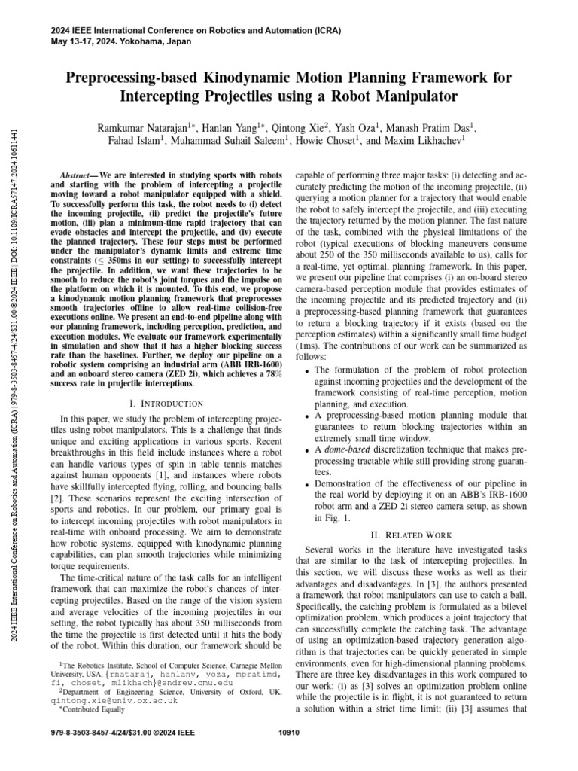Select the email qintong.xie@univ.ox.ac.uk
(114, 699)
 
